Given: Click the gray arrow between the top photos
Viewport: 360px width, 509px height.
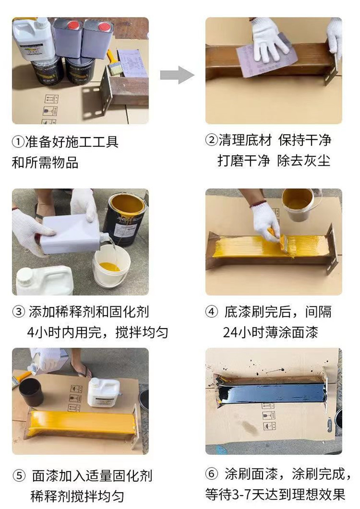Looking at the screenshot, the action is point(177,75).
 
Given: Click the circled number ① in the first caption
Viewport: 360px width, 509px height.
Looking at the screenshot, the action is point(18,142).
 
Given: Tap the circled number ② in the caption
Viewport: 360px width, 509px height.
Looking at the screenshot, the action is point(211,140).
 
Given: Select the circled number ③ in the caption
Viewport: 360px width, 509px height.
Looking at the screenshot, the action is point(18,312).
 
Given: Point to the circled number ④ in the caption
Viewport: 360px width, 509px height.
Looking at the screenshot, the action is point(211,312).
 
